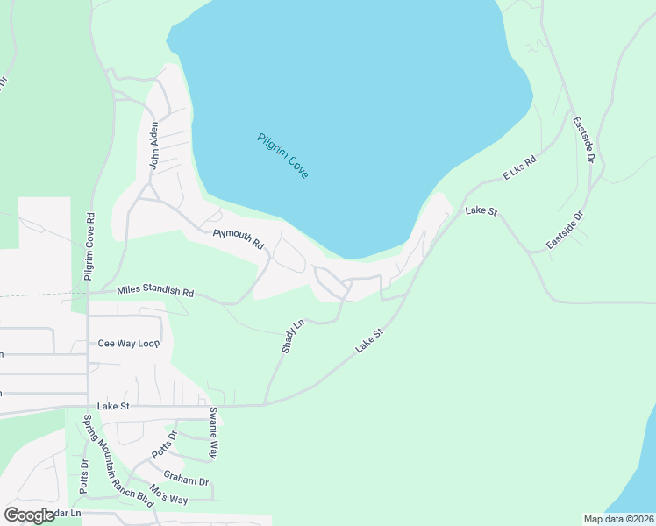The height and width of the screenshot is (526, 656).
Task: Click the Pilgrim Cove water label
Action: coord(282,156)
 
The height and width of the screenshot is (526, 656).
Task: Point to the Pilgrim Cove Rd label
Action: coord(89,246)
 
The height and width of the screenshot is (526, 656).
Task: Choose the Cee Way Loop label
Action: coord(131,344)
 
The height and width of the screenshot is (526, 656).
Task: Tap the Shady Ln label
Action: coord(292,336)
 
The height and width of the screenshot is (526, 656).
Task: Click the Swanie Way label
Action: coord(212,432)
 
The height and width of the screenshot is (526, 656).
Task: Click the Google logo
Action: coord(30,515)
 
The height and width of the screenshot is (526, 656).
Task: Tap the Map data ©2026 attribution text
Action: coord(619,519)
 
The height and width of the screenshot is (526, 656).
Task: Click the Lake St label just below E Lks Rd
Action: coord(481,211)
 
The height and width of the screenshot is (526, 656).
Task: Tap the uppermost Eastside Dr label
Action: coord(583,139)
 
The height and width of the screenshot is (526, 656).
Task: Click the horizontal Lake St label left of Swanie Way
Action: coord(114,406)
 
